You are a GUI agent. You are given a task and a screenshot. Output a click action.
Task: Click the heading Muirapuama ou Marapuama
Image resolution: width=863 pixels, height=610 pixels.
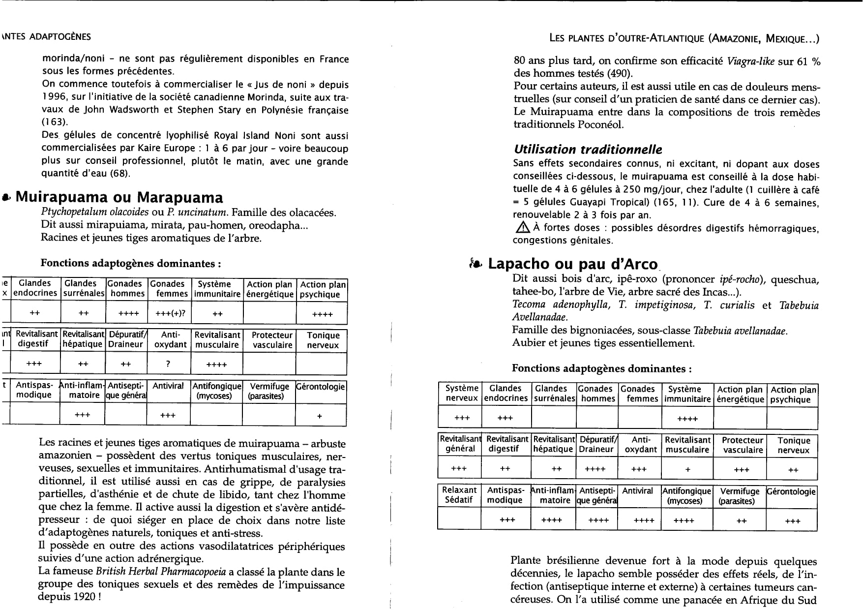coord(119,197)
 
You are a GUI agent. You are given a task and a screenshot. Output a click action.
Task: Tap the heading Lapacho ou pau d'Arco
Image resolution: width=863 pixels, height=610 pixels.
coord(573,264)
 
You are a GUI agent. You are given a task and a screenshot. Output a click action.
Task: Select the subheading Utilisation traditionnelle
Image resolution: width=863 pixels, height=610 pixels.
coord(588,150)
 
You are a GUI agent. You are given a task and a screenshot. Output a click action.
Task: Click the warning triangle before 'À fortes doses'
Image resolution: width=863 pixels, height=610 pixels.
coord(521,227)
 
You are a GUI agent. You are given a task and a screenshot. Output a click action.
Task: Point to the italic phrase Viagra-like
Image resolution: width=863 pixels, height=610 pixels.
coord(750,61)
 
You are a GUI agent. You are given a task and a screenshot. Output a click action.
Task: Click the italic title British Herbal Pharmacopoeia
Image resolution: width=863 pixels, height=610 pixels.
coord(160,572)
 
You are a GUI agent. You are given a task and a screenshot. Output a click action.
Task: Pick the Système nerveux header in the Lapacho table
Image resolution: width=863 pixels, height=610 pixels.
coord(461,394)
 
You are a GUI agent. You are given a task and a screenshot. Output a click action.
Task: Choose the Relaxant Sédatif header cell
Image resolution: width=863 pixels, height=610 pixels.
coord(459,495)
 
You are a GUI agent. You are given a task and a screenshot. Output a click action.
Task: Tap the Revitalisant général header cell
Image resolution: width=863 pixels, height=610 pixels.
coord(460,444)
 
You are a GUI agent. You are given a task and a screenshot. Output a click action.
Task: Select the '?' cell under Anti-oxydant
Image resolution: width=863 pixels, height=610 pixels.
coord(168,364)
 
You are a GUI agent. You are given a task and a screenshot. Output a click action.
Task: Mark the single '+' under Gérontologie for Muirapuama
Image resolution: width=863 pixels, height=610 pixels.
coord(320,416)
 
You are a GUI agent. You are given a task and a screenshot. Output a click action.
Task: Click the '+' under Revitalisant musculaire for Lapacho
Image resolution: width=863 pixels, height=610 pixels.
coord(687,469)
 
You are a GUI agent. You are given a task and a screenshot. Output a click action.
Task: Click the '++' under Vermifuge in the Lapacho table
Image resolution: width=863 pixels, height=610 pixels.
coord(742,521)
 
